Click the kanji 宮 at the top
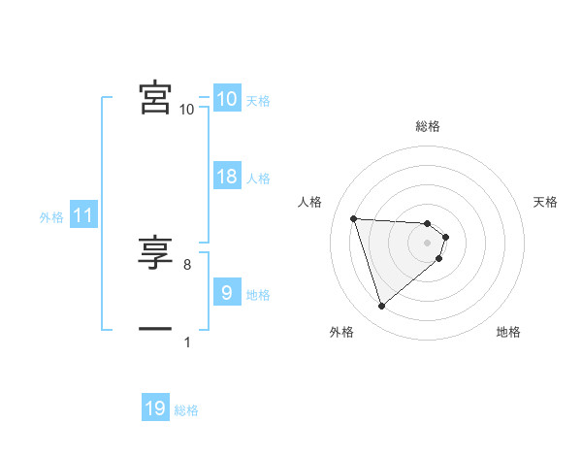click(155, 97)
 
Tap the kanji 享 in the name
click(155, 252)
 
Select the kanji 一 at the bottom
click(155, 329)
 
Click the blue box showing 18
click(227, 177)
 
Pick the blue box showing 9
click(227, 293)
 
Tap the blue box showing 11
click(83, 216)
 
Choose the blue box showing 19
click(155, 408)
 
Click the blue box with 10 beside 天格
click(227, 99)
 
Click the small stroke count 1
click(187, 342)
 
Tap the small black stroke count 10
click(187, 110)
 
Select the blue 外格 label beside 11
click(51, 217)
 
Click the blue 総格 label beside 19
click(186, 410)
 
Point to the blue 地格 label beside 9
click(258, 295)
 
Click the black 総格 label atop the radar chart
click(428, 126)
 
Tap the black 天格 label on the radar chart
click(546, 202)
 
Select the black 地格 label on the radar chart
click(508, 332)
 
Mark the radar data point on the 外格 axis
click(382, 307)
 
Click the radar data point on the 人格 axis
click(354, 218)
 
